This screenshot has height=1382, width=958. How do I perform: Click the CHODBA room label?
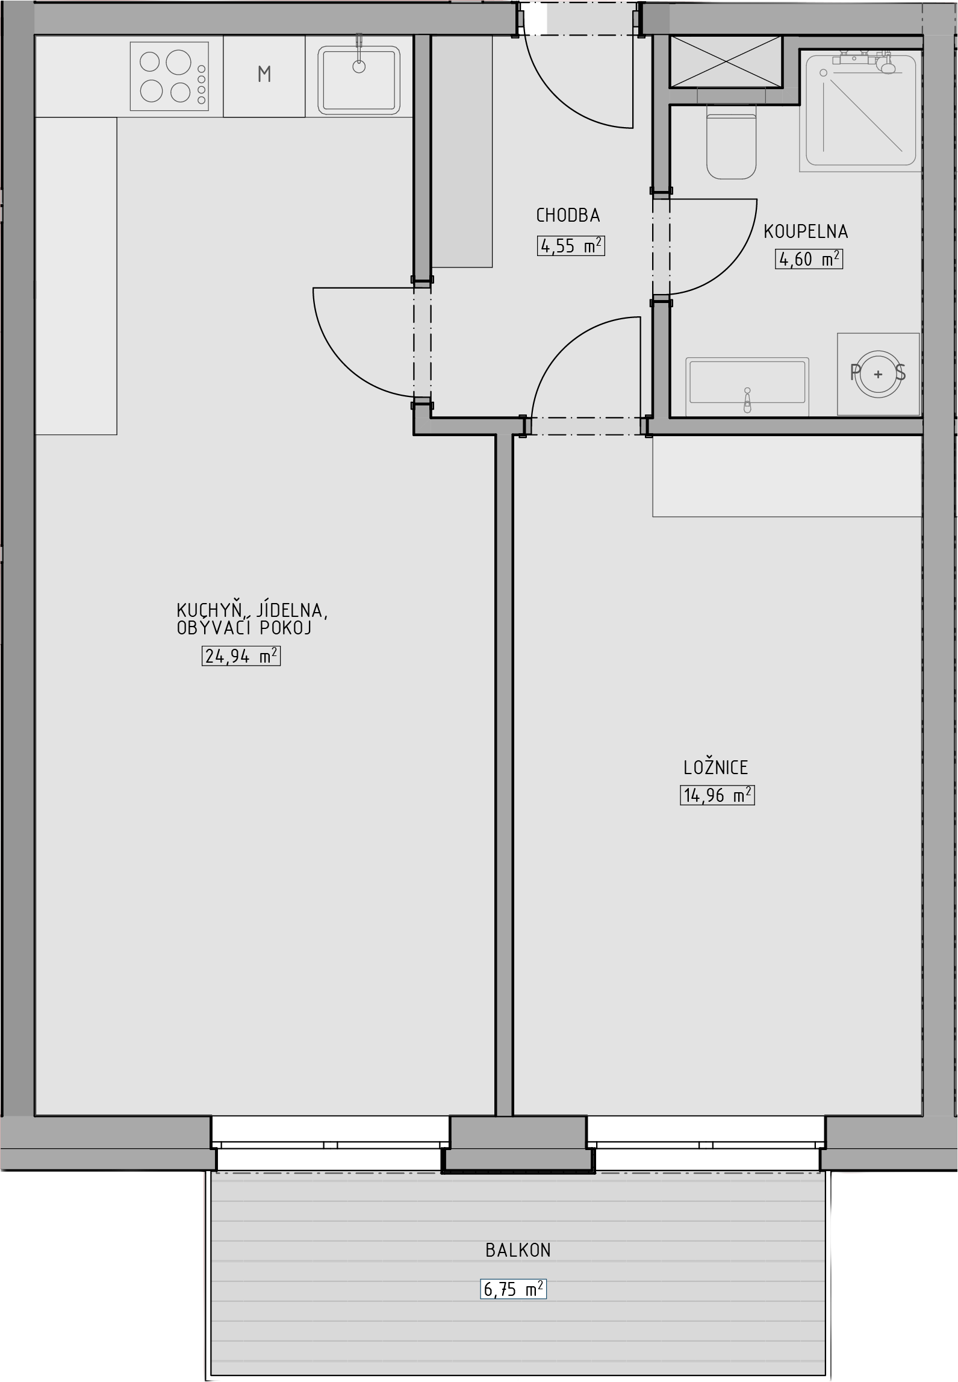point(568,215)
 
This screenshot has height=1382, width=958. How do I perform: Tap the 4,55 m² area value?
point(571,246)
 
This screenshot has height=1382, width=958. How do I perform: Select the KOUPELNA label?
point(806,231)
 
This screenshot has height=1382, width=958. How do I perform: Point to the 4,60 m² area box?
point(809,259)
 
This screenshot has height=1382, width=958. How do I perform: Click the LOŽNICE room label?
point(715,768)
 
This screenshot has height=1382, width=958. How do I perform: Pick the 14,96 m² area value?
point(717,795)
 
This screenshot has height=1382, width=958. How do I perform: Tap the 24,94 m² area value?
point(241,655)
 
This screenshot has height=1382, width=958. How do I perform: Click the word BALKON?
point(518,1250)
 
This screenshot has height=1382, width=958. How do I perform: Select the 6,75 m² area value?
point(514,1289)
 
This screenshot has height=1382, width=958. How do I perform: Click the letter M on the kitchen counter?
point(264,74)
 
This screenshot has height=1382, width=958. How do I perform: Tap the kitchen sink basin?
point(359,80)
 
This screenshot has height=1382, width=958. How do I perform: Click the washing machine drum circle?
point(878,374)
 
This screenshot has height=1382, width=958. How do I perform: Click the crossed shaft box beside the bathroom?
point(726,61)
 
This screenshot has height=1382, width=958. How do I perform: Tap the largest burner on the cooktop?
point(178,62)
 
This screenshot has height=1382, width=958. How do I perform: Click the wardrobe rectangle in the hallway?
point(462,151)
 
